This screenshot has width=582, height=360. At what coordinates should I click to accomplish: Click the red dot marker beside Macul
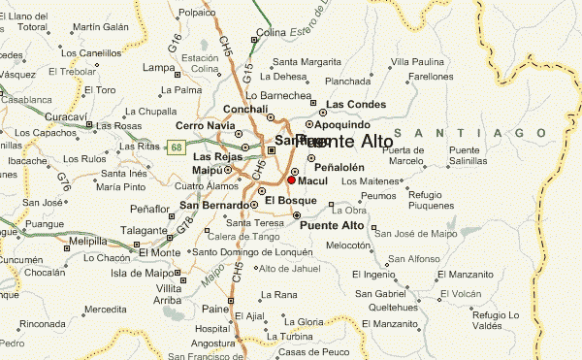[x=291, y=180]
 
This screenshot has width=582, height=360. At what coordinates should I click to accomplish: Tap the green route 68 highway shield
[x=176, y=147]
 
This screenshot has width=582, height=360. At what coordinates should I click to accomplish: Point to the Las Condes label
[x=355, y=104]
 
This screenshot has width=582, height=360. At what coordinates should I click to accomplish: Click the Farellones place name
[x=431, y=76]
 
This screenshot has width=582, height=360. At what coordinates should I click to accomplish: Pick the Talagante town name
[x=145, y=230]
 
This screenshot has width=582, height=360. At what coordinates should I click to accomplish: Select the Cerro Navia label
[x=206, y=125]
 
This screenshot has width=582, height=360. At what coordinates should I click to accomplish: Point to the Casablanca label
[x=24, y=99]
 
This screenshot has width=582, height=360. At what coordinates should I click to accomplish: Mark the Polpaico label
[x=197, y=14]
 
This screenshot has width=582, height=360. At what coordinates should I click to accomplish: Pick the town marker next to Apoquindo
[x=309, y=124]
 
